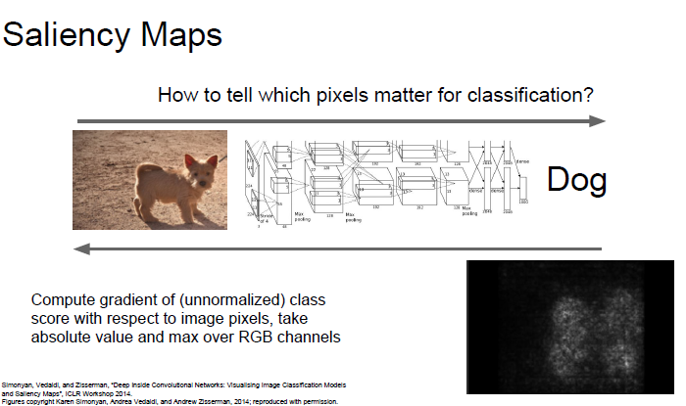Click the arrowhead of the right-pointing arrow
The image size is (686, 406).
point(598,121)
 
